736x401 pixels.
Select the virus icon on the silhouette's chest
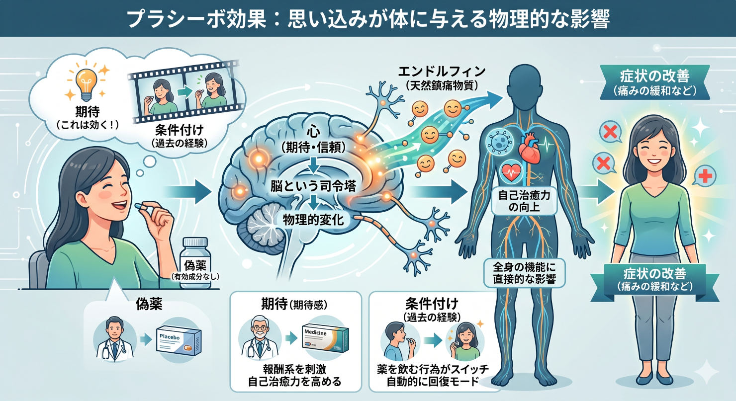click(x=498, y=140)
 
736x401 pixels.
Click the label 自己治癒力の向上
click(x=525, y=201)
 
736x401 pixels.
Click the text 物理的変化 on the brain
click(x=313, y=219)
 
